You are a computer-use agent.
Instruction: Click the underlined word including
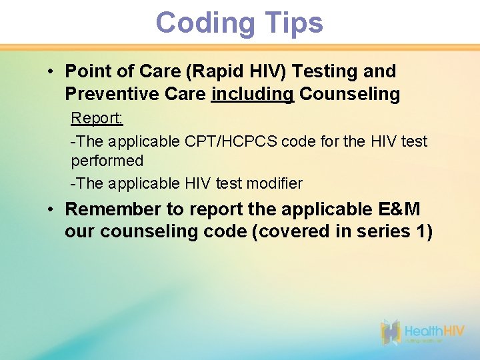[x=253, y=95]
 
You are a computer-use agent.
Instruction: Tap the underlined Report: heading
[x=97, y=119]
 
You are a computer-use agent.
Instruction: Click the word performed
[x=107, y=161]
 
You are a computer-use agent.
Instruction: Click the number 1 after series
[x=422, y=232]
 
